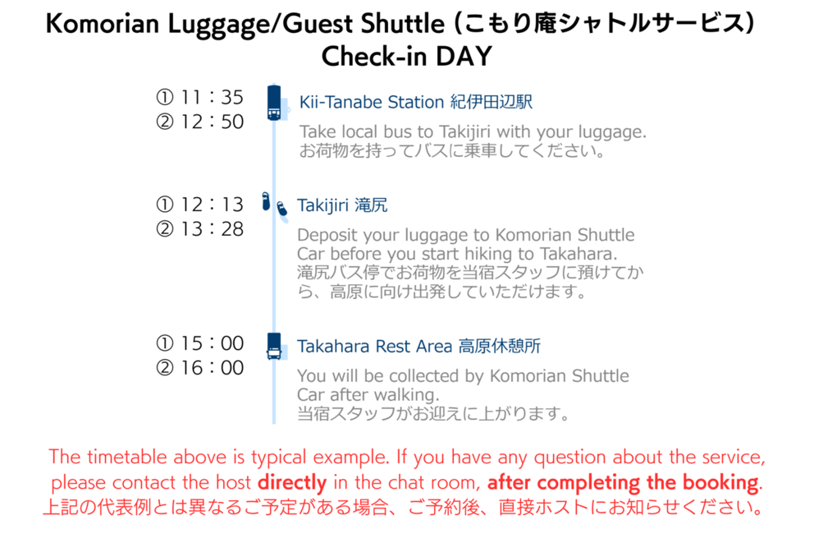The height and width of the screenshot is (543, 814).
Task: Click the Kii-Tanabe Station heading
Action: pos(416,102)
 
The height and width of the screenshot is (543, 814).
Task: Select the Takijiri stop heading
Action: pos(342,205)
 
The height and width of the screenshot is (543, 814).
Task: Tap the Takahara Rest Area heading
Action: pos(418,346)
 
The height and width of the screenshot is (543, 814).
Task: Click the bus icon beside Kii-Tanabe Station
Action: pos(274,103)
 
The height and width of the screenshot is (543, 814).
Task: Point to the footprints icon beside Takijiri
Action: pos(274,205)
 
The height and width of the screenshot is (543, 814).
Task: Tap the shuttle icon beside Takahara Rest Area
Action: pos(274,346)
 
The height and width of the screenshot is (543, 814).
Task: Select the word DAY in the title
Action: pos(464,56)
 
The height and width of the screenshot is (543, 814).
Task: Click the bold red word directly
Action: pos(292,483)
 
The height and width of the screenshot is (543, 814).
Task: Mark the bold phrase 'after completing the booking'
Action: pos(623,483)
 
